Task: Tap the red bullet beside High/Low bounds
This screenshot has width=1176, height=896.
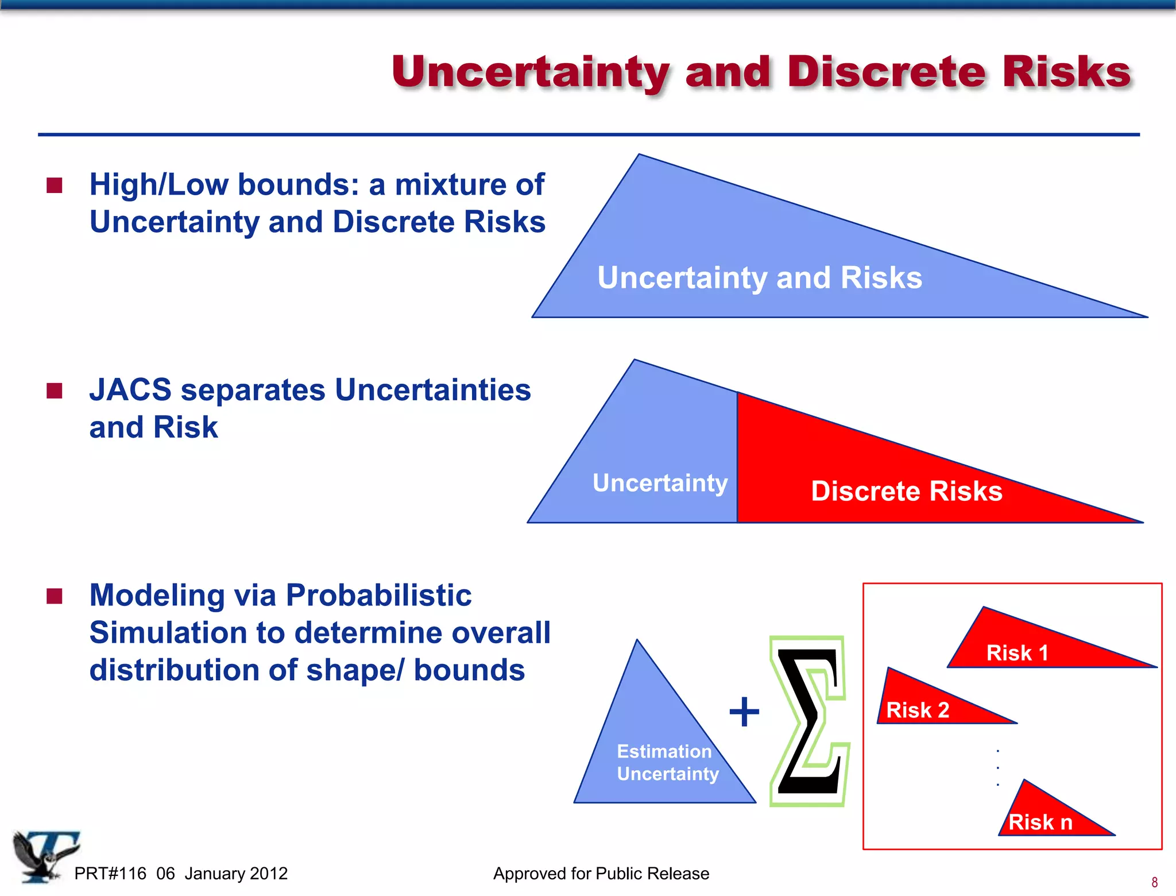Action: (x=55, y=186)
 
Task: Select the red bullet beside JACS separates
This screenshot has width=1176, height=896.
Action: (x=55, y=391)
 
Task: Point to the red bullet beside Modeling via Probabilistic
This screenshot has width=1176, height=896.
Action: (x=55, y=596)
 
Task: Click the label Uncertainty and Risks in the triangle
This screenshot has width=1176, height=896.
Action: (x=759, y=278)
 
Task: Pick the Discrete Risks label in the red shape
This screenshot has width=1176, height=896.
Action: (x=906, y=492)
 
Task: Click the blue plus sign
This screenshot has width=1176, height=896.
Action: (x=744, y=712)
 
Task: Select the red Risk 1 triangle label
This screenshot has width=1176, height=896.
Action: (x=1017, y=653)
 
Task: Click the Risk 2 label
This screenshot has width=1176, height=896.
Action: (x=917, y=710)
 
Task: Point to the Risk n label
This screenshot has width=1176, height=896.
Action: (x=1040, y=822)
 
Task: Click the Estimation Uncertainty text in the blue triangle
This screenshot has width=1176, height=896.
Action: (x=667, y=763)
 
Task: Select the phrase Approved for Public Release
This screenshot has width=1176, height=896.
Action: (x=601, y=874)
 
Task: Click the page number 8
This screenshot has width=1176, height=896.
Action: (x=1154, y=882)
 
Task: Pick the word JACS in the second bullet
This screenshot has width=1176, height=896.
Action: (x=130, y=390)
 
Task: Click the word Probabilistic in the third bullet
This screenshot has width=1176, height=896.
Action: (x=378, y=595)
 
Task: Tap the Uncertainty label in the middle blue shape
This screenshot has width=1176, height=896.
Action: (x=660, y=483)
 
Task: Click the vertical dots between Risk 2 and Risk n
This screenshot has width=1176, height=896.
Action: (x=998, y=768)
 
